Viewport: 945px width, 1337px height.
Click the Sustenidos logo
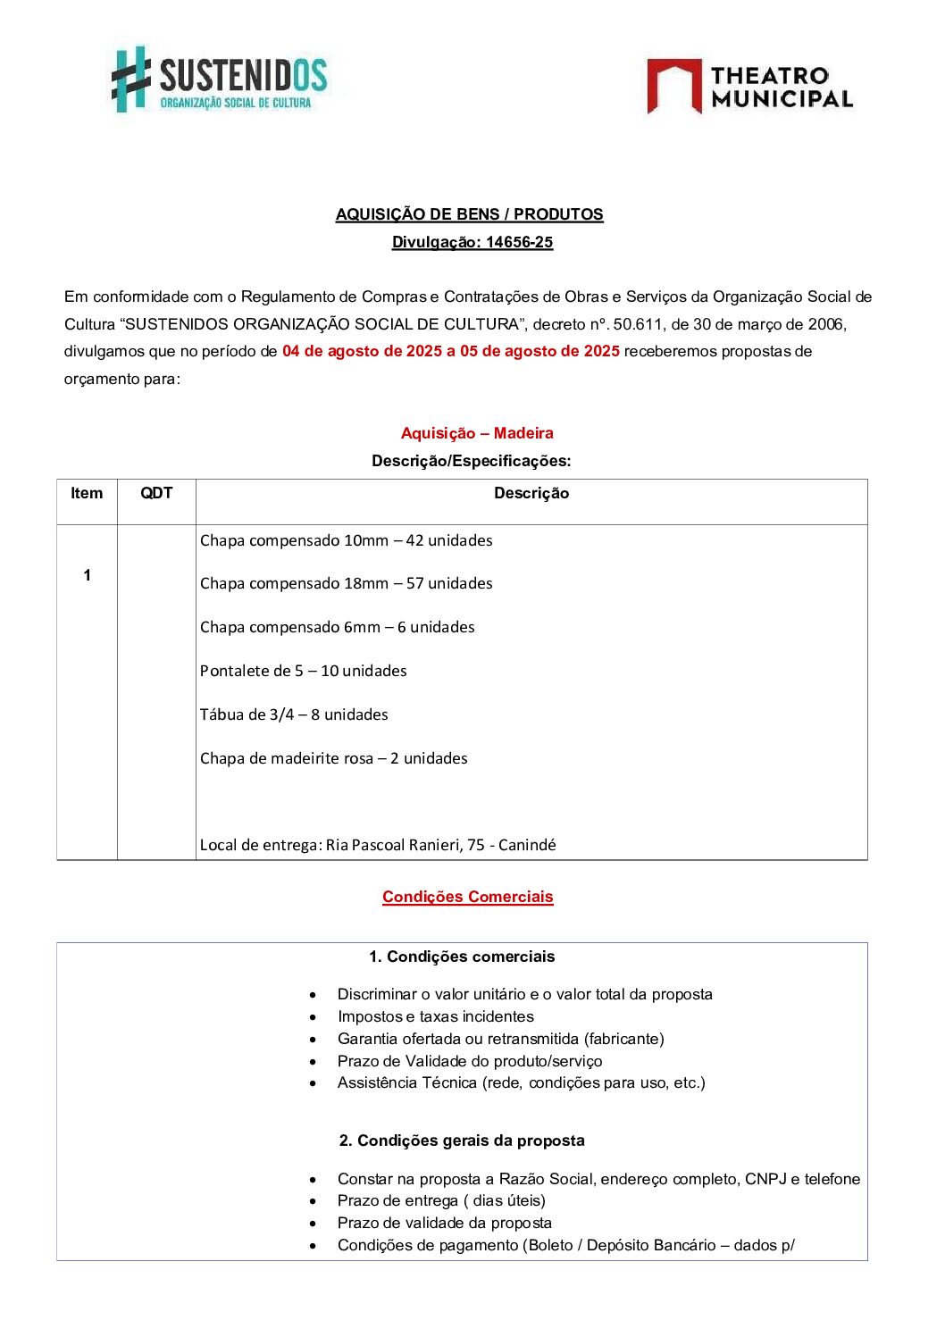point(220,79)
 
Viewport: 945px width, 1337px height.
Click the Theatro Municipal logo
point(749,87)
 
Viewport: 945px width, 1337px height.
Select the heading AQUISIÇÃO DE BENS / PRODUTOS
point(469,214)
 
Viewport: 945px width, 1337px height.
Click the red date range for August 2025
point(450,351)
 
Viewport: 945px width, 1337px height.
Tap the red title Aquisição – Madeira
point(477,433)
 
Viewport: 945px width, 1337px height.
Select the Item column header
point(87,493)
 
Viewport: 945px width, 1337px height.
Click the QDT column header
point(156,493)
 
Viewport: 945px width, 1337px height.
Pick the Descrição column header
point(531,493)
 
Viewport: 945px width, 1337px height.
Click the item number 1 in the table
point(87,575)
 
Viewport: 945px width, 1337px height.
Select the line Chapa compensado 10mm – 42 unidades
point(346,540)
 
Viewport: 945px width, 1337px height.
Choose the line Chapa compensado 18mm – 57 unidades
point(346,583)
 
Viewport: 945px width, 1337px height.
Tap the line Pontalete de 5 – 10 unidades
point(303,671)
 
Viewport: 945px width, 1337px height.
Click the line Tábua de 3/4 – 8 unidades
point(294,714)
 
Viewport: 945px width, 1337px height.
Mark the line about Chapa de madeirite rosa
point(333,758)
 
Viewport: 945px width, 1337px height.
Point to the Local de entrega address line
point(378,845)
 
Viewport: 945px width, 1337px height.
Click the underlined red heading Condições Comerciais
point(467,897)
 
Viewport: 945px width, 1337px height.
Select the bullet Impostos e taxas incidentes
point(435,1016)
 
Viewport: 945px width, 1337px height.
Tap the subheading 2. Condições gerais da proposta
point(462,1141)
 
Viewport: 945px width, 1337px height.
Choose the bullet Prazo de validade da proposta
point(444,1223)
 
